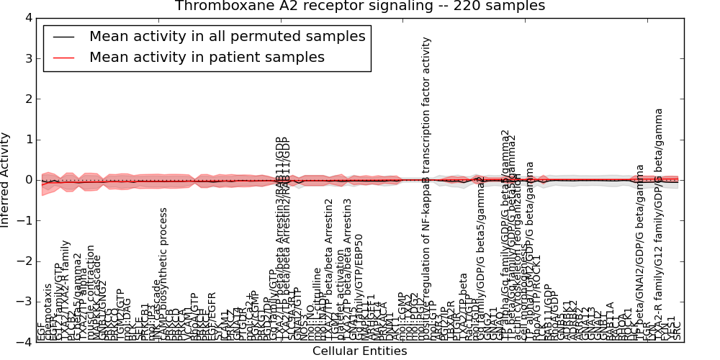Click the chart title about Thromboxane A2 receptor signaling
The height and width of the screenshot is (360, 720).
[359, 6]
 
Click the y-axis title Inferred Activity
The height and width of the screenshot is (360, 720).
[6, 180]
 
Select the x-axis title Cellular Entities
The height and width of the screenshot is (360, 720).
[359, 351]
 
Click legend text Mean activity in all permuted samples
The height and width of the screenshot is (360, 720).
[227, 37]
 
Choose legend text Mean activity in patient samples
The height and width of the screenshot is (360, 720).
[207, 58]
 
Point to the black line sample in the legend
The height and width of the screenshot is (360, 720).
[63, 37]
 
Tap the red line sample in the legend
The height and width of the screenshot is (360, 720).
[63, 58]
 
